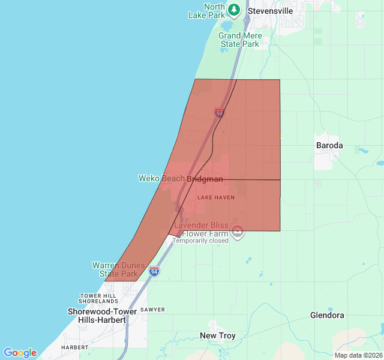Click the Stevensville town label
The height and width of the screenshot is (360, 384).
coord(270,11)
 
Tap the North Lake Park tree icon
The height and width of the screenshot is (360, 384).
coord(234,10)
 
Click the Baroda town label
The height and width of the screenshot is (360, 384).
coord(329,145)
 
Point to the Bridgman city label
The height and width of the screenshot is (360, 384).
coord(205,179)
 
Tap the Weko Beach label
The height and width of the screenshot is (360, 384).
coord(161,178)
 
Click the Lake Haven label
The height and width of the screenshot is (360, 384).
coord(216,197)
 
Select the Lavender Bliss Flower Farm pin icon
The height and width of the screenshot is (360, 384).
coord(238,231)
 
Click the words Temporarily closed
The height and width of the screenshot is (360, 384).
coord(200,241)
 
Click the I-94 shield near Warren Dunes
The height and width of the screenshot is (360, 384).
coord(154,272)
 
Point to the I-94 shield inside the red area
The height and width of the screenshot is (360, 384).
coord(219,112)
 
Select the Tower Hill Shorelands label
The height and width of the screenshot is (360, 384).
coord(98,298)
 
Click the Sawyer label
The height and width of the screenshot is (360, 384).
coord(152,310)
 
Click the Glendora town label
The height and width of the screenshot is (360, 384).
coord(327,315)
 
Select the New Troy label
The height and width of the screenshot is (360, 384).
coord(218,335)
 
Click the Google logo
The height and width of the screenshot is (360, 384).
coord(20,353)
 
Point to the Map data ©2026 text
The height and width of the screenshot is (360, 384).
coord(358,355)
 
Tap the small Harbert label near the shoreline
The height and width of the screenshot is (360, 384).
coord(74,347)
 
